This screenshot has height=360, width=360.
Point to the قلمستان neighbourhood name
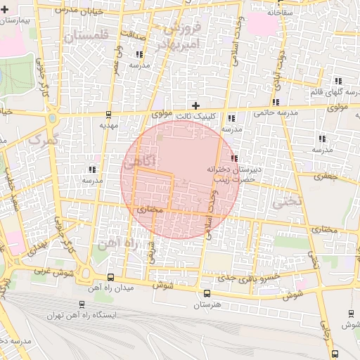coord(87,35)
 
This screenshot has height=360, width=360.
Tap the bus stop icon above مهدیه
coord(108,115)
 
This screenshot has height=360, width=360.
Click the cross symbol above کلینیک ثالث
coord(195,105)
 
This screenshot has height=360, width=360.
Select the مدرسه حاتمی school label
coord(271,112)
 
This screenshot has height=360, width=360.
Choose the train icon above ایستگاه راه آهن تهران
coord(83,304)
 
